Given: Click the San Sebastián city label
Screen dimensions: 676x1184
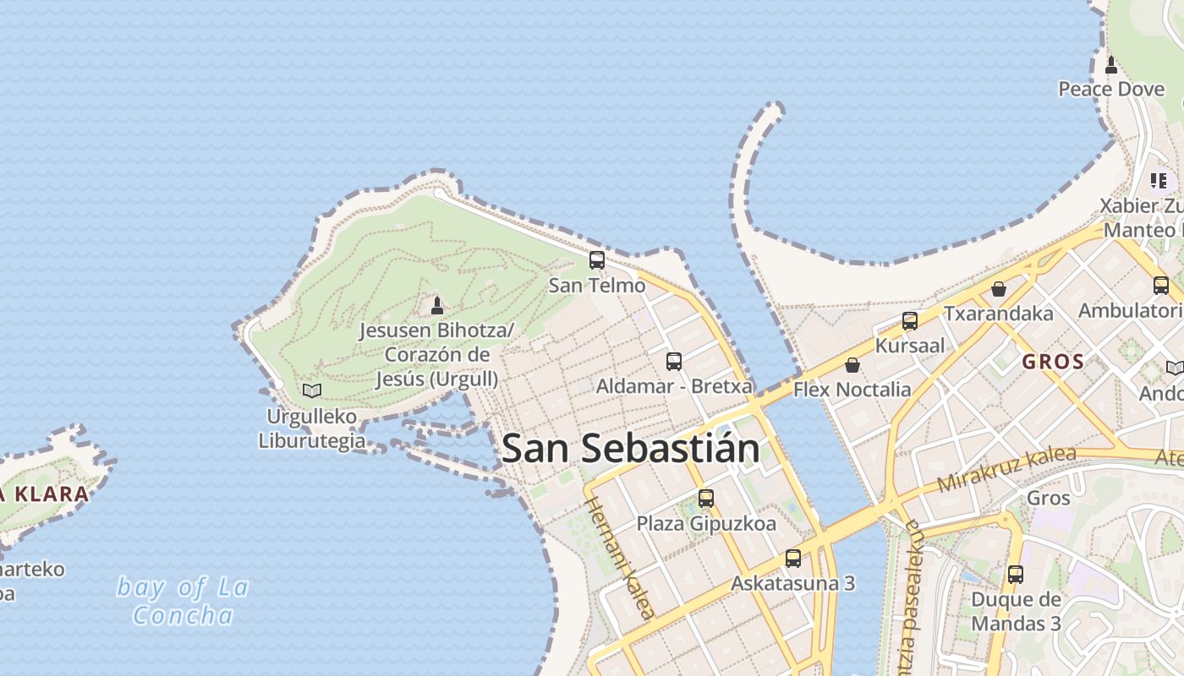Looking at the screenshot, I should point(631,449).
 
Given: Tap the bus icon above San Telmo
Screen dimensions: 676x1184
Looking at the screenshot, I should point(597,260).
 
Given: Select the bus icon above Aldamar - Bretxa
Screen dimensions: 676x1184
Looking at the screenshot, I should point(674,362).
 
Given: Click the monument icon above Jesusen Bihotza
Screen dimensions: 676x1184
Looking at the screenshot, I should point(437,305).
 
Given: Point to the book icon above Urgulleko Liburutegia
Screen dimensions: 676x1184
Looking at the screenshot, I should point(312,390).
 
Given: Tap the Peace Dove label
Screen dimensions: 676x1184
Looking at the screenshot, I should point(1111,89).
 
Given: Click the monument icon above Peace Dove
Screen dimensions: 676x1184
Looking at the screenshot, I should point(1111,64).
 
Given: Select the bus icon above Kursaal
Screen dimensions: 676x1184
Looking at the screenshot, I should point(910,321).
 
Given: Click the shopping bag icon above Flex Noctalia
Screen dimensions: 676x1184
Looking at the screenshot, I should point(852,365).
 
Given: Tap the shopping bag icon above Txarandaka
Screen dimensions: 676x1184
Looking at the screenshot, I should point(999,289).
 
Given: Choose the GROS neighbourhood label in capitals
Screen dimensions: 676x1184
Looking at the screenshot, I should point(1053,362).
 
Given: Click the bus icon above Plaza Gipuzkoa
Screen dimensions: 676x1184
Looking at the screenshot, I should point(706,499).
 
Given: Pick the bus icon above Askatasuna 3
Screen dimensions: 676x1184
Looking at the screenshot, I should point(793,559).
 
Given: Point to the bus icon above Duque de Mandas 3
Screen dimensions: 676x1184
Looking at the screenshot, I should point(1016,575).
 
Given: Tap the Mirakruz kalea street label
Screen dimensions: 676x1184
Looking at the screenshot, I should point(1006,469).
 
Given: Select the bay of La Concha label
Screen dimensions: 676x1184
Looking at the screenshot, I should point(183,601).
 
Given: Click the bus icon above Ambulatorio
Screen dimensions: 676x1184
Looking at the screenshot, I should point(1161,286).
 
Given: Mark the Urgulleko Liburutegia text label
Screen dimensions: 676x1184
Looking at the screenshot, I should point(312,428).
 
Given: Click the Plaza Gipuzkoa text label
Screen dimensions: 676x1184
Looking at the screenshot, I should point(706,524).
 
